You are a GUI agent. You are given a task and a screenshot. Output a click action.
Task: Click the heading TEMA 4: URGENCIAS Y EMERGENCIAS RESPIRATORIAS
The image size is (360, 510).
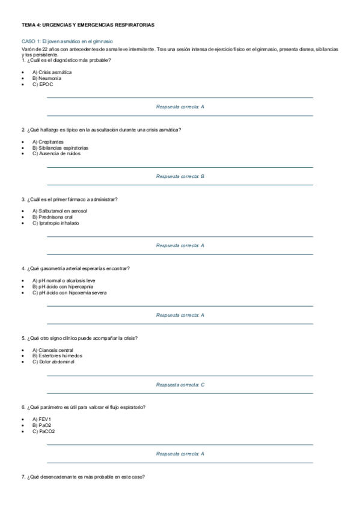coord(88,25)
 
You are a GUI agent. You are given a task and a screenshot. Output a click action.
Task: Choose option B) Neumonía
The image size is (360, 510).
coord(47,78)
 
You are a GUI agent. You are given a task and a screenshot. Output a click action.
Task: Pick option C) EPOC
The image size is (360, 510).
coord(43,84)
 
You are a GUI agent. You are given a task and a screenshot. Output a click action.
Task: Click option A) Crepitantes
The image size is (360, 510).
coord(48,141)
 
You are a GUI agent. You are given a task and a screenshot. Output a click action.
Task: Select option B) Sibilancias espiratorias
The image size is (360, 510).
coord(60,147)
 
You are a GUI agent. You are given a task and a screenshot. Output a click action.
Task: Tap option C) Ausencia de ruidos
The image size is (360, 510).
coord(56,153)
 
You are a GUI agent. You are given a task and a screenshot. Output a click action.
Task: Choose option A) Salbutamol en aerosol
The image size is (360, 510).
coord(59,211)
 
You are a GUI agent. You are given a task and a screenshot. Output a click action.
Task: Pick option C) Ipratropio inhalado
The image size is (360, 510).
coord(56,223)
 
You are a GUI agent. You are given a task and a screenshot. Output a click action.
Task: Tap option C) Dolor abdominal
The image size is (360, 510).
coord(53,362)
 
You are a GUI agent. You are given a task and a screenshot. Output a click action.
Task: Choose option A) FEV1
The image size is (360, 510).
coord(42,419)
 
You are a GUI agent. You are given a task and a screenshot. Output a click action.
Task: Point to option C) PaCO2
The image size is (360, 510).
coord(43,431)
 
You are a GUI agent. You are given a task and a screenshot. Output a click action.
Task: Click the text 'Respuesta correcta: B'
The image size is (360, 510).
coord(180,176)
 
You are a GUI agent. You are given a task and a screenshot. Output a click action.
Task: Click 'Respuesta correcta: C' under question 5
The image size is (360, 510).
coord(180,384)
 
